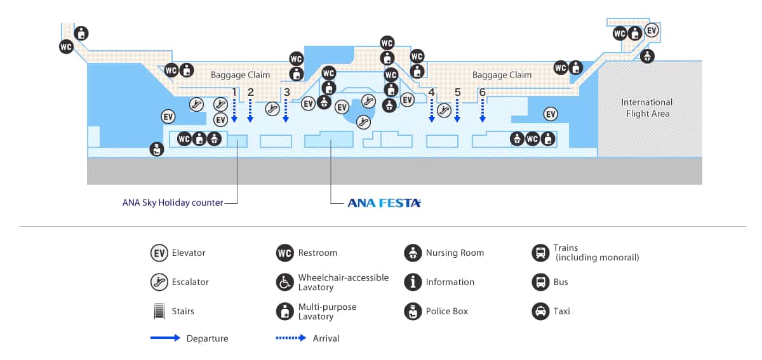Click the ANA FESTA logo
tap(384, 203)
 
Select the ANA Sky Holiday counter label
tap(173, 203)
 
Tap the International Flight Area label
tap(646, 108)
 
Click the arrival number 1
tap(234, 92)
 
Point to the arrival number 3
tap(286, 92)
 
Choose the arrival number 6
tap(483, 92)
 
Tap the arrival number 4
tap(432, 92)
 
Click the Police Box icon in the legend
tap(413, 311)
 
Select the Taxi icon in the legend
tap(540, 311)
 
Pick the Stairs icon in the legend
tap(159, 311)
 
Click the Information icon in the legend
tap(413, 282)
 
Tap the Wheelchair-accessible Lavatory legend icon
tap(285, 282)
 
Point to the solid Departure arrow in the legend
tap(165, 338)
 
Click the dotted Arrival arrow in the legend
tap(291, 338)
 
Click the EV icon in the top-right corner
tap(652, 30)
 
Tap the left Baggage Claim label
tap(240, 75)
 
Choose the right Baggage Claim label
tap(502, 75)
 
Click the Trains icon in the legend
tap(540, 253)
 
